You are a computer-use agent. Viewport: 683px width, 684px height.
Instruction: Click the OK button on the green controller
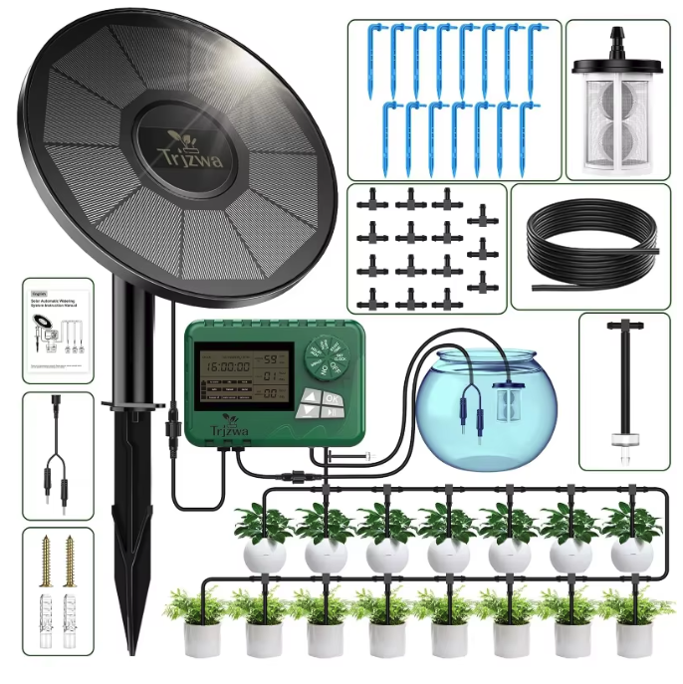point(332,399)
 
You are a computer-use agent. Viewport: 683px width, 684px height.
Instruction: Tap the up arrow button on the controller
point(310,396)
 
